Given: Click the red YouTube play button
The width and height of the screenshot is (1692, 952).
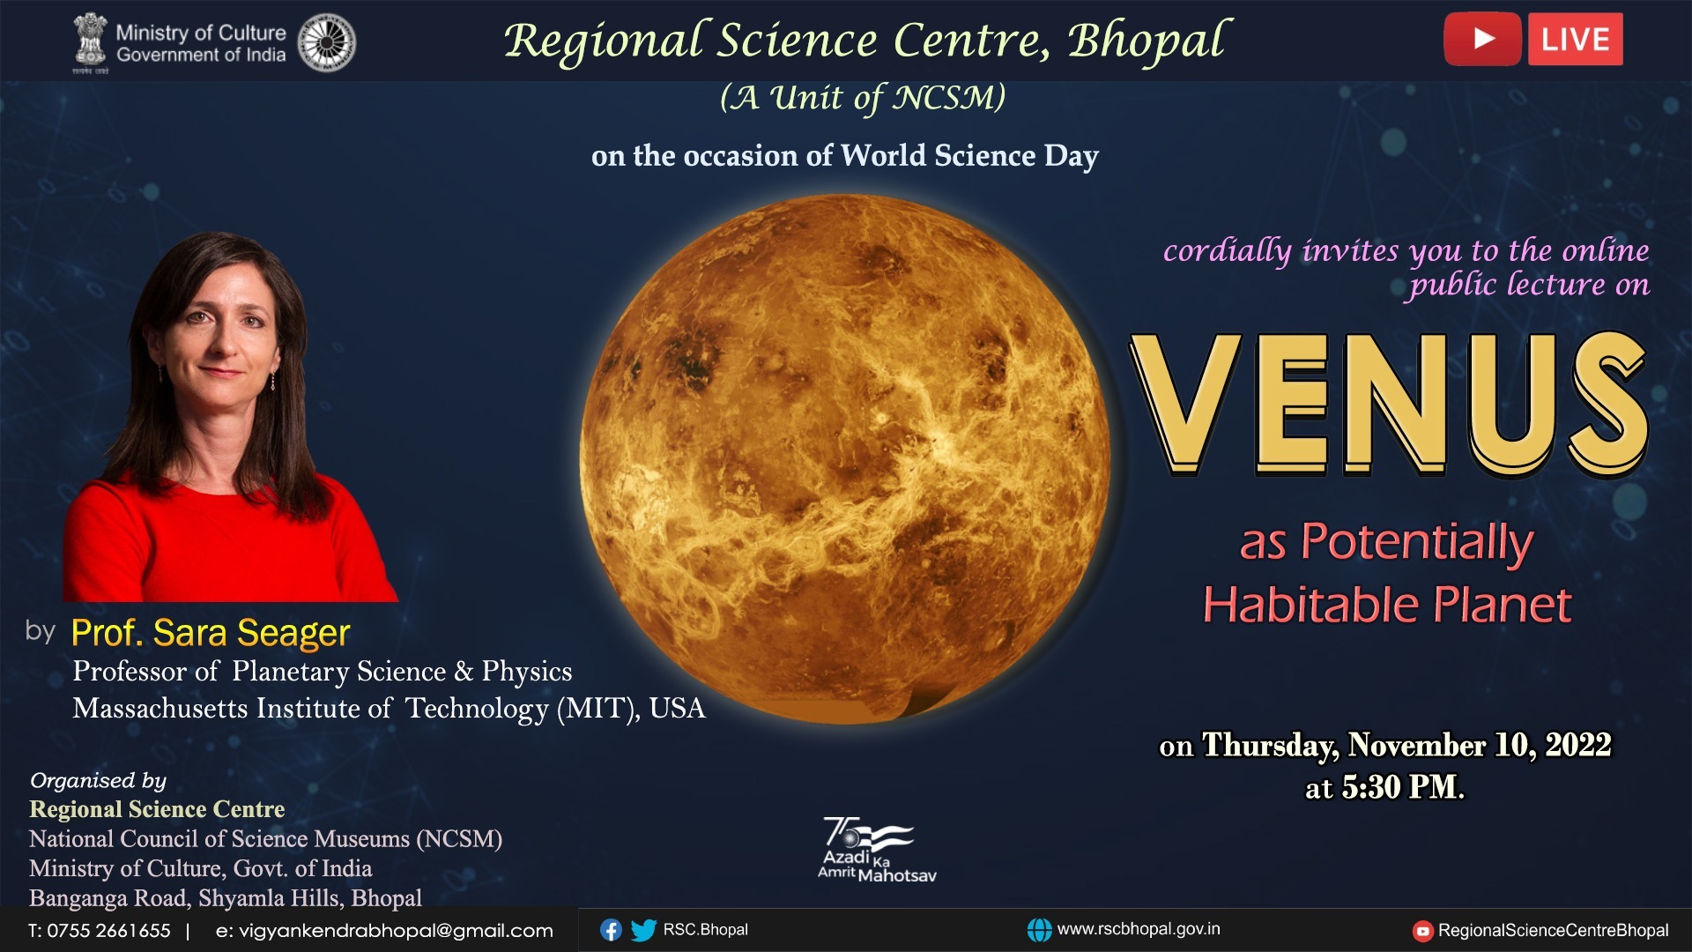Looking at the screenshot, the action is point(1482,39).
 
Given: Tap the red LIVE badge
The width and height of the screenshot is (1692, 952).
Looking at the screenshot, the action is point(1575,39).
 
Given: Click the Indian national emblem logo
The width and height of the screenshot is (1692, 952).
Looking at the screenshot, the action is point(90,42).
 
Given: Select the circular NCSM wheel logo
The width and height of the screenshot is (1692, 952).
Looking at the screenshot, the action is point(327,42).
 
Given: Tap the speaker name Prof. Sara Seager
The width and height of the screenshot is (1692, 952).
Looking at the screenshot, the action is point(211,633).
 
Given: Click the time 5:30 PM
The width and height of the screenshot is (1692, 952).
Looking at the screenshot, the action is point(1402,786).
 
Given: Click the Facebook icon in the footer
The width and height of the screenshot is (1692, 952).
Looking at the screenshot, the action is point(611,930).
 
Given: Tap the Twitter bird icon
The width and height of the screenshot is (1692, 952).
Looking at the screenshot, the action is point(644,930).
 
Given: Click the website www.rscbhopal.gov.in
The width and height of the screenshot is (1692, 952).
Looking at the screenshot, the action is point(1139,929).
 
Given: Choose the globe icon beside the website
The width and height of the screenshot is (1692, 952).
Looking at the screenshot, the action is point(1040,930).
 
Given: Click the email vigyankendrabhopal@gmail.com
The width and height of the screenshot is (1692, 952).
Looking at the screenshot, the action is point(396,931).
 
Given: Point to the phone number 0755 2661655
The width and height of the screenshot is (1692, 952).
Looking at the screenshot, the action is point(108,931).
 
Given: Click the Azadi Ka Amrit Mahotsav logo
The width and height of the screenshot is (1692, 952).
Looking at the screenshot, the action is point(876,850).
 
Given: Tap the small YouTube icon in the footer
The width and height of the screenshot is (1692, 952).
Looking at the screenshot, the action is point(1422,931).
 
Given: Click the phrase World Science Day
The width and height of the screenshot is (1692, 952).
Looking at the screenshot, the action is point(969,156).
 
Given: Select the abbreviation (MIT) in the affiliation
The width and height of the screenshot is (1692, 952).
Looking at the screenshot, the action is point(597,709).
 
